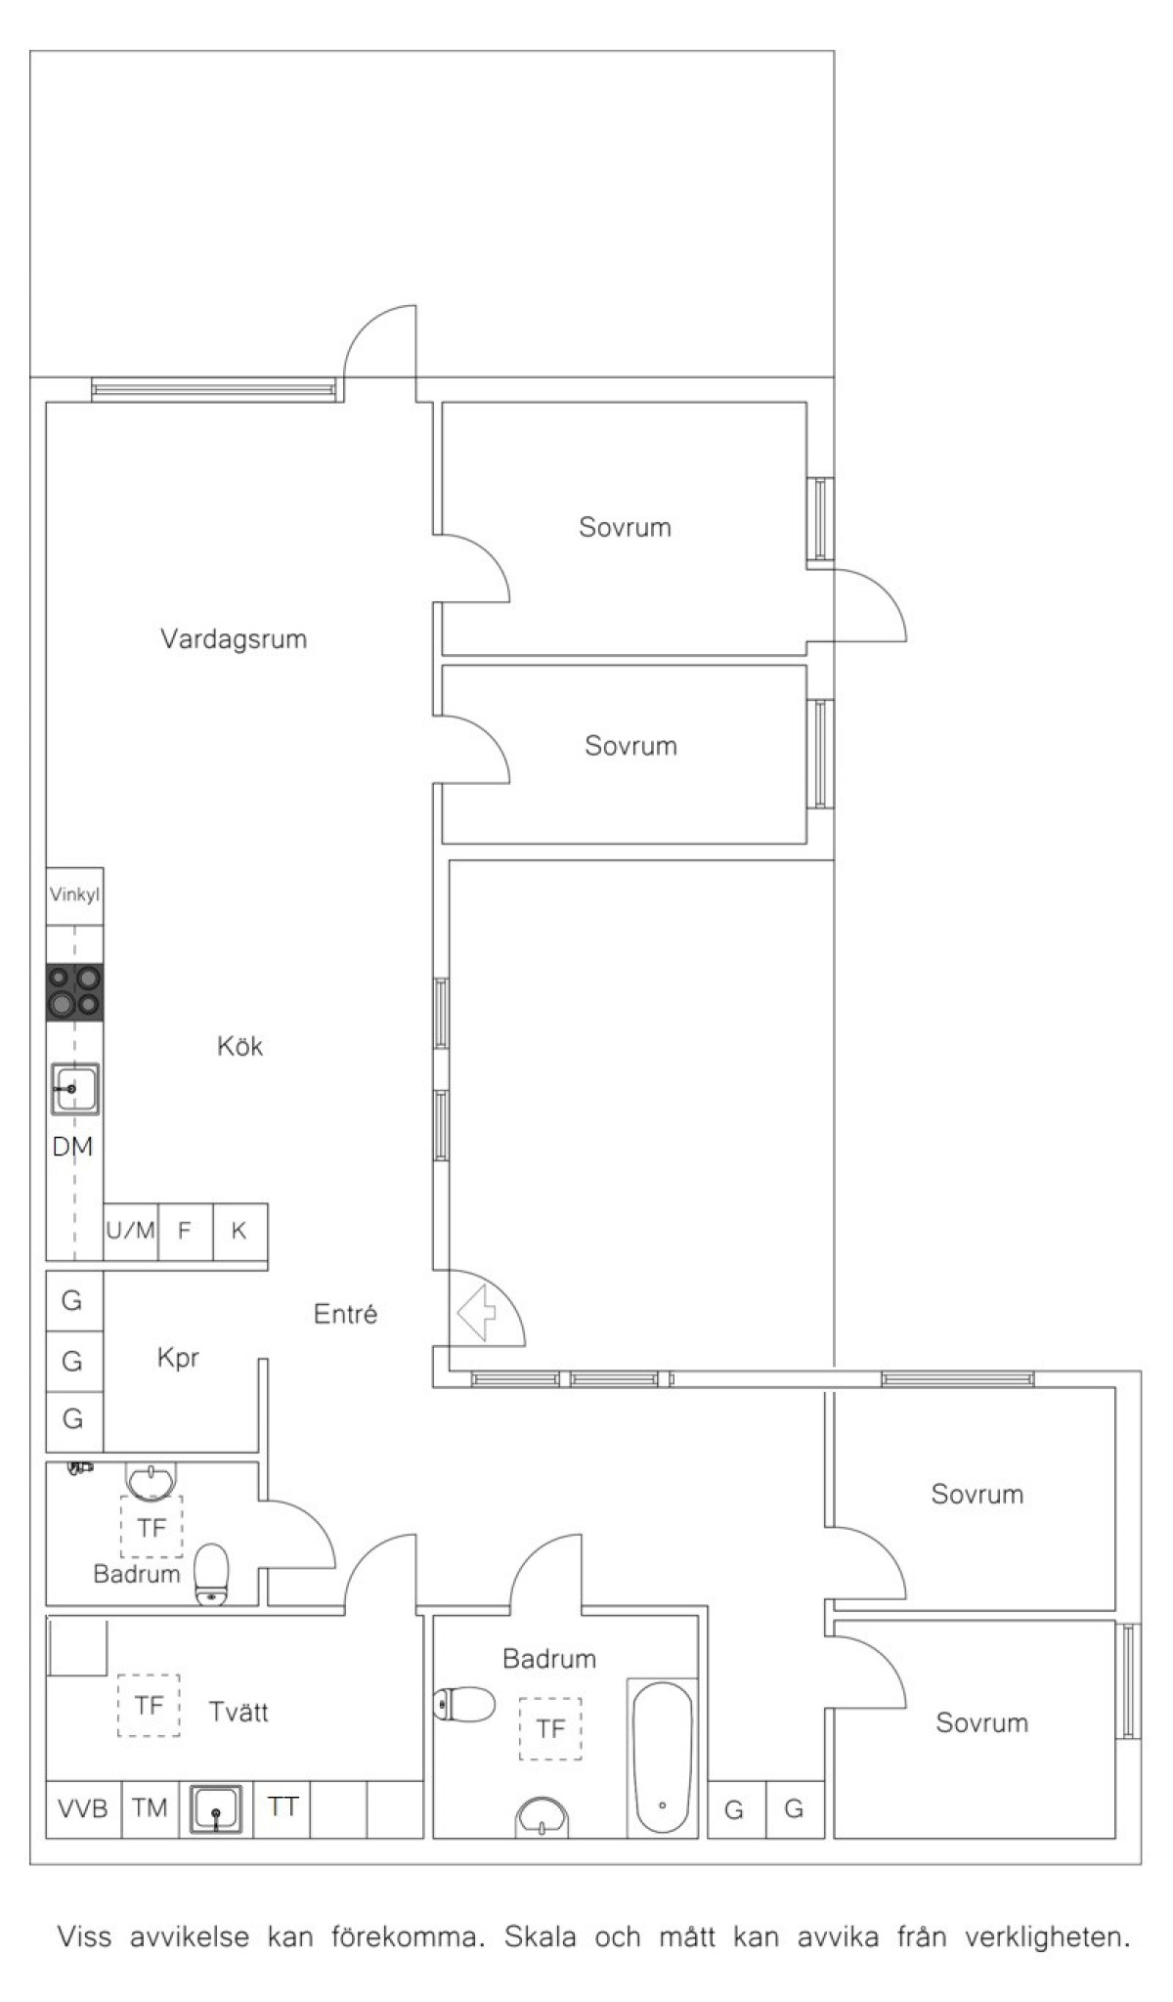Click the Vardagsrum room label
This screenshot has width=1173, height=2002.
[234, 639]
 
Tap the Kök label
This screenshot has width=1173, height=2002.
[239, 1046]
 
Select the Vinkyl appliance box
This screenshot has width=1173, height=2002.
[74, 895]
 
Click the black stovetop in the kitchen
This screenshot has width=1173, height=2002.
[74, 992]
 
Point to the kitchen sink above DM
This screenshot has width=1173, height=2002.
[75, 1088]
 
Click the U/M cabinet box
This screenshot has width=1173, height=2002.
[131, 1231]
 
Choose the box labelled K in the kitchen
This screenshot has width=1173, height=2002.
[239, 1231]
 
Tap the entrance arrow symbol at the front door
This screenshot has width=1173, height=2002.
[476, 1313]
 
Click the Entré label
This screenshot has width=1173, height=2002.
[345, 1314]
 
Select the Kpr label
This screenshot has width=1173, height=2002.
[178, 1358]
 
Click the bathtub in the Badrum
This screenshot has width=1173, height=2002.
[662, 1757]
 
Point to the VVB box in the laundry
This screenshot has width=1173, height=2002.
[83, 1808]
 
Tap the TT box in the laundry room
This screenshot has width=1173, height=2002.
[282, 1808]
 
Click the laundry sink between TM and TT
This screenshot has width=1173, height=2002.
[214, 1809]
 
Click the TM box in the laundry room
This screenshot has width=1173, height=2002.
[150, 1808]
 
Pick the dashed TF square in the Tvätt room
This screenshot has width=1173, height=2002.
[149, 1705]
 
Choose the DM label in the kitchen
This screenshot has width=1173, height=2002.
[72, 1147]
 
